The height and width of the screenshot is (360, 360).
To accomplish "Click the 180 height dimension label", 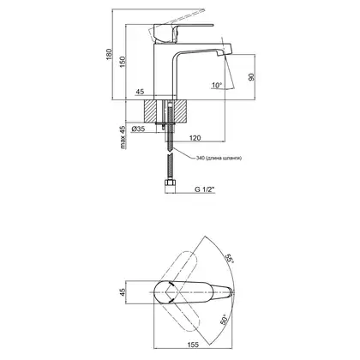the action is (x=109, y=54).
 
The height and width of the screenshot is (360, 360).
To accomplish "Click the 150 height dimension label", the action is (x=123, y=62).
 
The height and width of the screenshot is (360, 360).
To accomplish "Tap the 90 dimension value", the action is (x=251, y=77).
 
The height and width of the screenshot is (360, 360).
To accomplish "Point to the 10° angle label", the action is (x=217, y=85).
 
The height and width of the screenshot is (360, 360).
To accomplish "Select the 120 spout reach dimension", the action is (x=195, y=138).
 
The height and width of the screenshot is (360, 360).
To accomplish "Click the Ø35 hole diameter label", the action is (x=138, y=129).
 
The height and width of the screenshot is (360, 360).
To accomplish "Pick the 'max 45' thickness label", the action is (x=123, y=137).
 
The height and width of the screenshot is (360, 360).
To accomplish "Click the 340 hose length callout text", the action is (x=219, y=158).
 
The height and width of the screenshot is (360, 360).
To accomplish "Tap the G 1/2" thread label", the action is (x=205, y=189).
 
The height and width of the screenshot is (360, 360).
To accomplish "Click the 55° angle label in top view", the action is (x=231, y=258).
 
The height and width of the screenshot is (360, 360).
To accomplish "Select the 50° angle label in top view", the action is (x=225, y=320).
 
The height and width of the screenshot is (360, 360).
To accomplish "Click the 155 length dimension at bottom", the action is (x=193, y=345).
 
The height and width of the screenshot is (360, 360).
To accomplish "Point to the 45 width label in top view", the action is (x=123, y=292).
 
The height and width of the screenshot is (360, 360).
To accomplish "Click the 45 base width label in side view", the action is (x=140, y=92).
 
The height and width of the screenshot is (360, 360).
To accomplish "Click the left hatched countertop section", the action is (x=151, y=111).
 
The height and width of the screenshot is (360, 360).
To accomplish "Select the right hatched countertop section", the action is (x=181, y=111).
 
